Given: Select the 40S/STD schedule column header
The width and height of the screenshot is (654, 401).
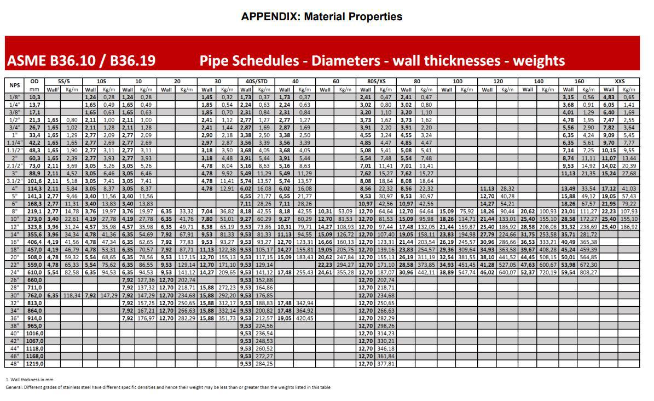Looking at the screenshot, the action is pos(255,81).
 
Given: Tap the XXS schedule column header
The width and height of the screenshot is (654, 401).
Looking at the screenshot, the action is pos(620,81).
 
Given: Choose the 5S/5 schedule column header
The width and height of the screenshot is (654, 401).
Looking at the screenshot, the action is pos(63,81).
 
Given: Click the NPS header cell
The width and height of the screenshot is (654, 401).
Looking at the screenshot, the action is pos(15,85).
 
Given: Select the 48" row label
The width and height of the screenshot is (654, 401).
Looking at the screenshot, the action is pos(15,363).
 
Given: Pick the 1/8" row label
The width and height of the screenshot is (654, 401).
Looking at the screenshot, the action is pos(15,97).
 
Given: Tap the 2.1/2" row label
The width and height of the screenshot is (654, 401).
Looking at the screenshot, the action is pos(15,165).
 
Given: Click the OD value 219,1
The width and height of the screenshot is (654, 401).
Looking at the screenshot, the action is pos(34,211).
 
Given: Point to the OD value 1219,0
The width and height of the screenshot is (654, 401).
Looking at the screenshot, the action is pos(34,363).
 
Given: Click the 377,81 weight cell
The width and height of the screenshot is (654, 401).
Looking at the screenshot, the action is pos(386,363).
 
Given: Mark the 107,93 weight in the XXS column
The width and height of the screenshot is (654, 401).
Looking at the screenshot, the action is pos(629,211).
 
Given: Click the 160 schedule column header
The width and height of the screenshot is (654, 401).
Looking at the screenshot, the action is pos(579,81).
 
